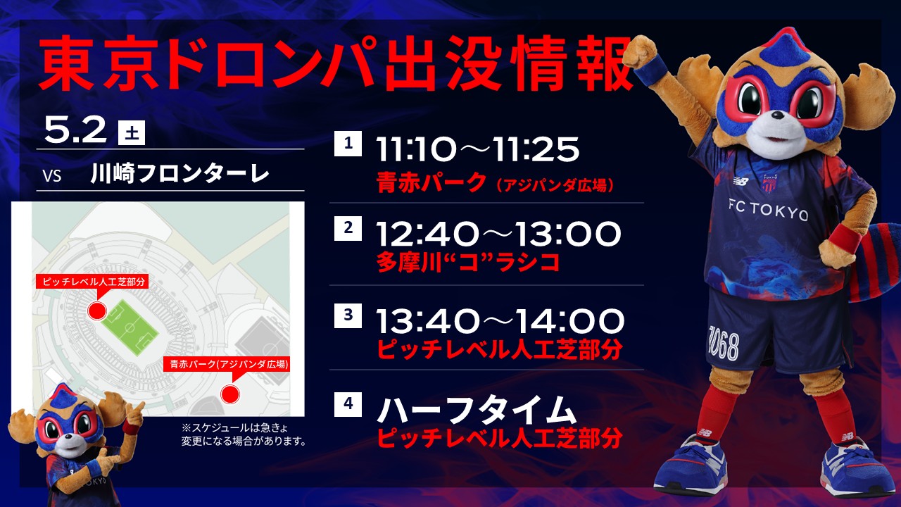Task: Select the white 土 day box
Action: click(x=132, y=132)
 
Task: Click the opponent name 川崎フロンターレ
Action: click(x=179, y=174)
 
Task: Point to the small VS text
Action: click(x=52, y=176)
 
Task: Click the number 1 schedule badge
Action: click(x=348, y=143)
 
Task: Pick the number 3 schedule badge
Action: click(x=348, y=315)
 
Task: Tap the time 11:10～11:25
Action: click(x=477, y=149)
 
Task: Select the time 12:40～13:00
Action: click(x=498, y=234)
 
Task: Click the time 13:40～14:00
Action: click(x=500, y=320)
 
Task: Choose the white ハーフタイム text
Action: click(x=477, y=410)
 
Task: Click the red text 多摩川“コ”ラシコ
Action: click(x=468, y=263)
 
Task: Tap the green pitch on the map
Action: click(x=130, y=327)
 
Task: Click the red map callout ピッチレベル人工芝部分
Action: click(x=92, y=282)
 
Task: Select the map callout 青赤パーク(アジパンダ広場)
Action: click(x=227, y=364)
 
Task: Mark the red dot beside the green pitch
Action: click(x=97, y=311)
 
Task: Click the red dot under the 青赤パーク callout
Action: click(x=230, y=394)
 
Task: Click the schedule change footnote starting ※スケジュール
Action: click(x=244, y=434)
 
